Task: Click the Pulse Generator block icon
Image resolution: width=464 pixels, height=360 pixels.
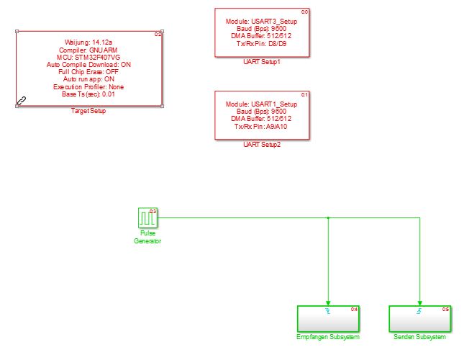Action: tap(147, 217)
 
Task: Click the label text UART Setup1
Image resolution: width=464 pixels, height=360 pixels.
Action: tap(262, 63)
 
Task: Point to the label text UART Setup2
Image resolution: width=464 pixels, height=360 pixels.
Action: tap(262, 145)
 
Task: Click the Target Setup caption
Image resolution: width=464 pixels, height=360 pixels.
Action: tap(89, 111)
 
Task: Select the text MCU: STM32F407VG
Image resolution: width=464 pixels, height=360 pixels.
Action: tap(88, 58)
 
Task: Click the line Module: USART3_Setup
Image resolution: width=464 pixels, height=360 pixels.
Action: tap(262, 22)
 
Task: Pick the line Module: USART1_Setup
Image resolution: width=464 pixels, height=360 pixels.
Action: tap(262, 104)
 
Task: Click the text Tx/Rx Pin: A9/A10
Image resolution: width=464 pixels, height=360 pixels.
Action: tap(262, 127)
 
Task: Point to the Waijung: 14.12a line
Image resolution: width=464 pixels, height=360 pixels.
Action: tap(88, 42)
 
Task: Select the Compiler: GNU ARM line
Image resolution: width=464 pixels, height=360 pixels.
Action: tap(88, 50)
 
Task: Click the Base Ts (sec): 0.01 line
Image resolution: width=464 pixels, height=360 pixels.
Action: tap(88, 94)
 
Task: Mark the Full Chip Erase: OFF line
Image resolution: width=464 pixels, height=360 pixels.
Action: tap(88, 72)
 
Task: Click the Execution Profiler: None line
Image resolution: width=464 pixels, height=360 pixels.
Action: tap(88, 86)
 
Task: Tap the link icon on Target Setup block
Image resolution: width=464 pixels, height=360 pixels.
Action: tap(22, 102)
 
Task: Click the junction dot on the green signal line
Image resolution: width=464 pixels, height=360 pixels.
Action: tap(328, 217)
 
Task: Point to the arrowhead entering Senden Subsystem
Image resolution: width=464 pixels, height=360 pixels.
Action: tap(419, 302)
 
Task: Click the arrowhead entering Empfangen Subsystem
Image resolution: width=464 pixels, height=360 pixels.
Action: tap(328, 302)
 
